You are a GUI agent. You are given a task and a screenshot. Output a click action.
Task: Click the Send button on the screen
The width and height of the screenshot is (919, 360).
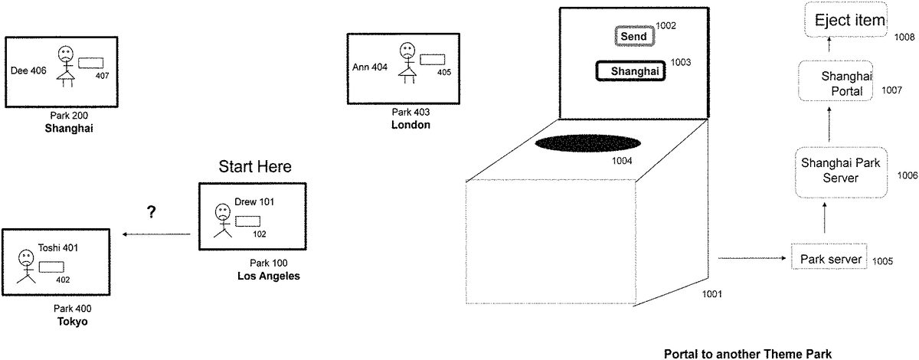pyautogui.click(x=633, y=36)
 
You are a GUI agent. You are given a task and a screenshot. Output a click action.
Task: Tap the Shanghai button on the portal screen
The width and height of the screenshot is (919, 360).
pyautogui.click(x=631, y=71)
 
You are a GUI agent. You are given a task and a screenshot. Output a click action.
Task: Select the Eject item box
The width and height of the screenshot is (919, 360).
pyautogui.click(x=849, y=21)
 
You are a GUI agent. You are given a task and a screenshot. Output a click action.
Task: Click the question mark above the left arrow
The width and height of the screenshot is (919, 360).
pyautogui.click(x=152, y=213)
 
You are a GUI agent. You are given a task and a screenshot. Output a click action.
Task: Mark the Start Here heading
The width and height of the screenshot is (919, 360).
pyautogui.click(x=255, y=167)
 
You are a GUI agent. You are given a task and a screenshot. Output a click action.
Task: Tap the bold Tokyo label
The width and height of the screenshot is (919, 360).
pyautogui.click(x=73, y=322)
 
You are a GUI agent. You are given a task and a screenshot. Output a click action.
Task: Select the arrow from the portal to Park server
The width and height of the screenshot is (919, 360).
pyautogui.click(x=751, y=259)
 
